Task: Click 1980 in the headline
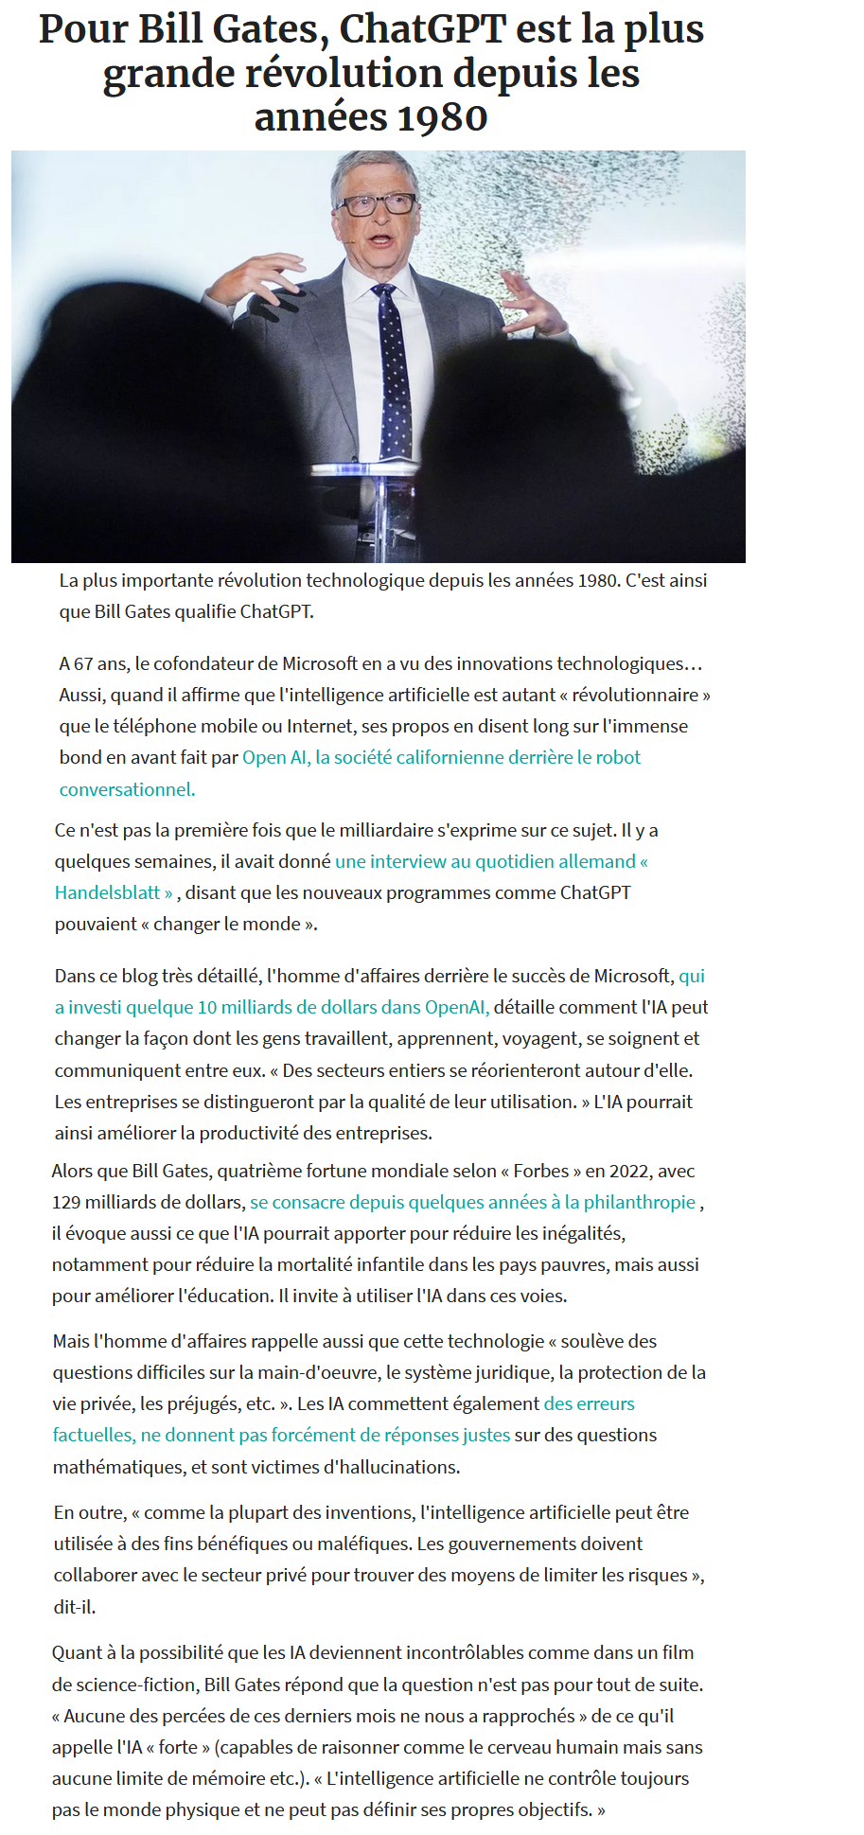point(442,118)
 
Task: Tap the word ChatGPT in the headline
point(423,30)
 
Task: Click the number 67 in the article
point(83,663)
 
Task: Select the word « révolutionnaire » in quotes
point(635,695)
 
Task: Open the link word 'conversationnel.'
point(127,789)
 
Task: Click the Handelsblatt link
point(107,892)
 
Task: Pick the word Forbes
point(540,1171)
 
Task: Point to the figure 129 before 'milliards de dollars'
point(66,1202)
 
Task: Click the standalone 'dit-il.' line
point(75,1606)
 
